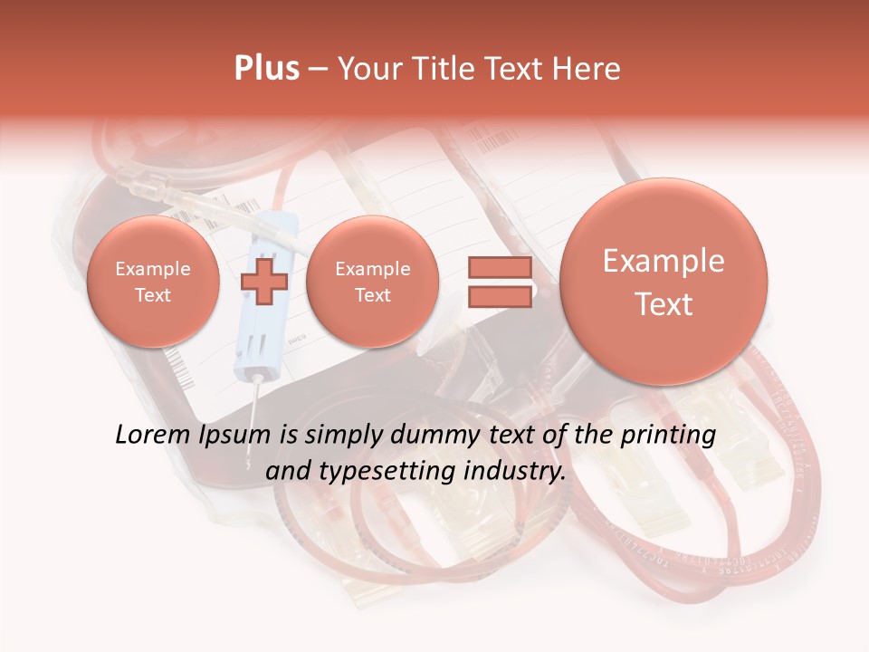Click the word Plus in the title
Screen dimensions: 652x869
[266, 69]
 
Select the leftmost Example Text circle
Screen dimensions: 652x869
[153, 282]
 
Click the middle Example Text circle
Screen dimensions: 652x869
[372, 282]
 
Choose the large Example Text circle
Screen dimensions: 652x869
[664, 282]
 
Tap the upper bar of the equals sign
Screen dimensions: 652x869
[499, 267]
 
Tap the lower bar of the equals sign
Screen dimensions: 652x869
[499, 297]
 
